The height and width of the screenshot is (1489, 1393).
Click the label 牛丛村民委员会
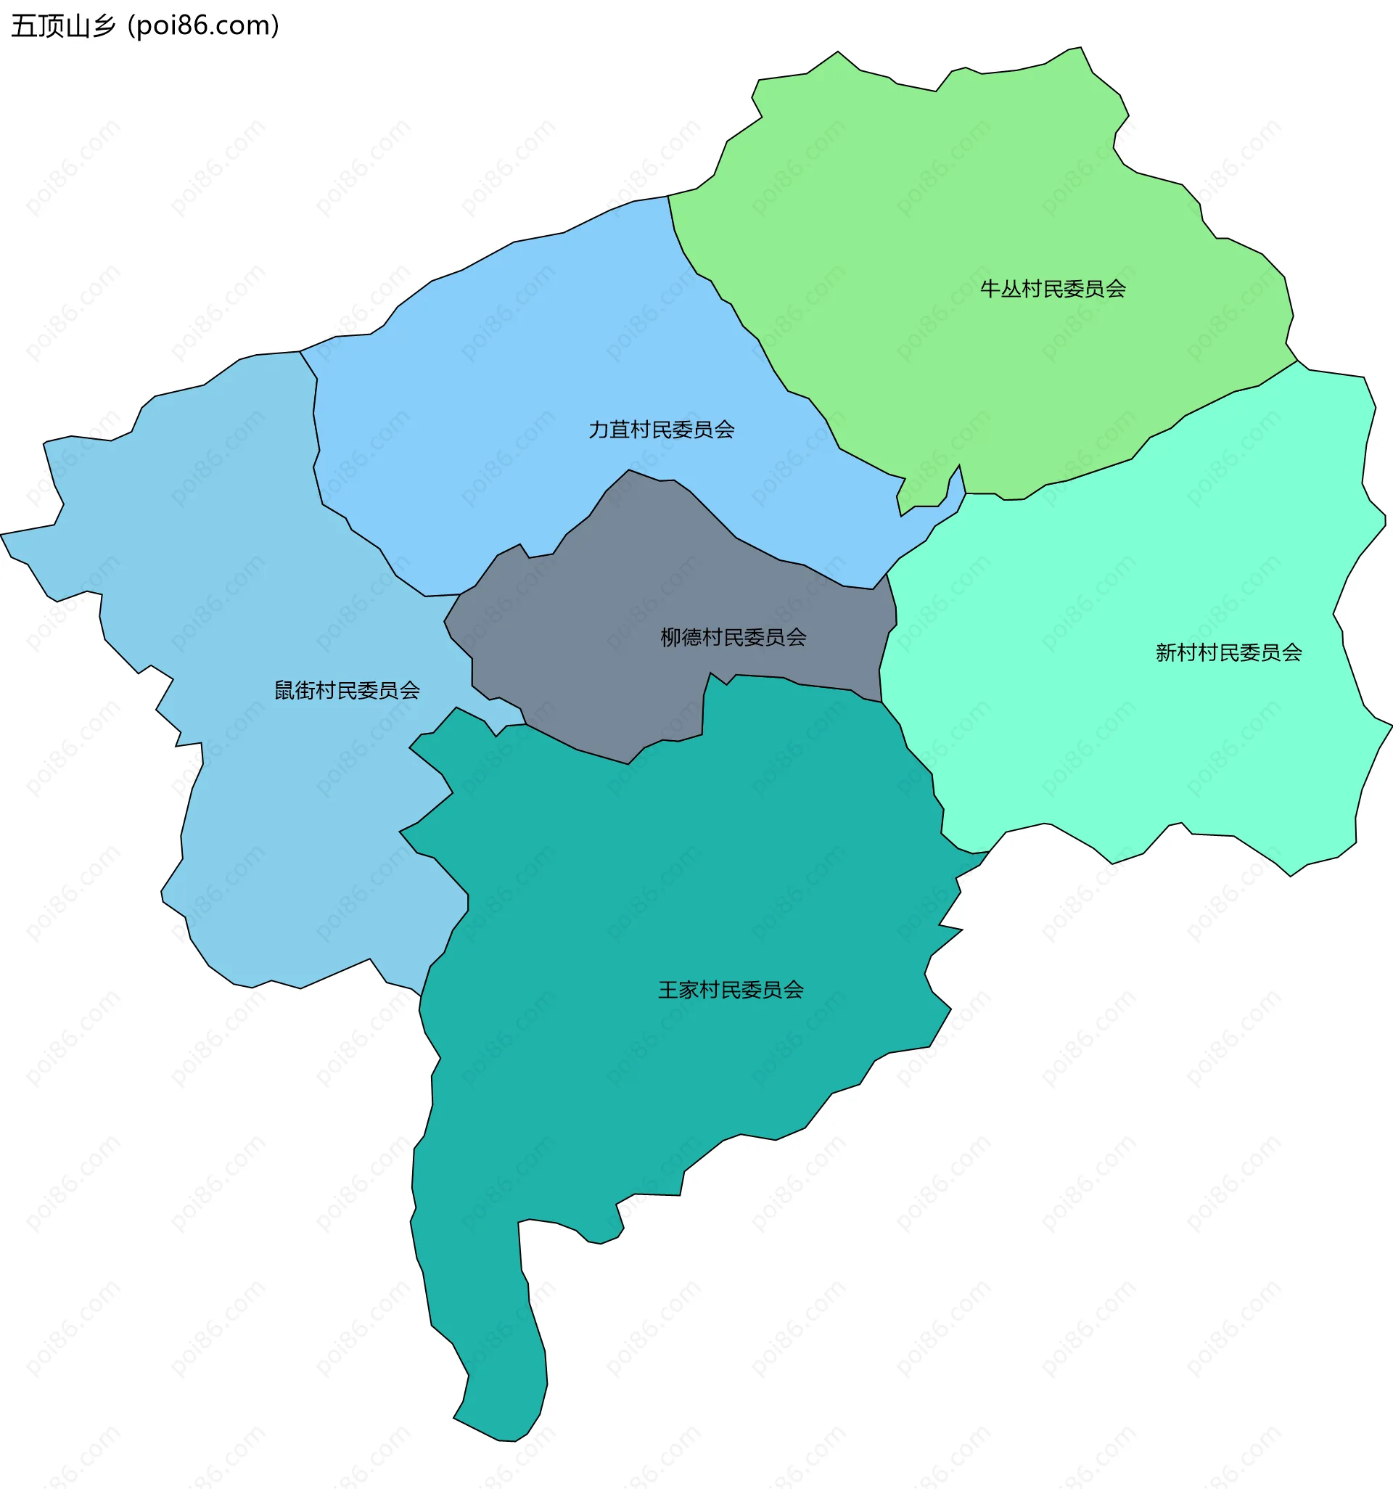[x=1052, y=289]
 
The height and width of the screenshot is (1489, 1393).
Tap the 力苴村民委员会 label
[x=661, y=430]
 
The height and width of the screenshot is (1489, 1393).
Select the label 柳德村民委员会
[x=734, y=637]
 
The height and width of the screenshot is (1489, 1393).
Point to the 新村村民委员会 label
[x=1228, y=652]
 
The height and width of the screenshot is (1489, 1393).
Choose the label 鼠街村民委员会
[x=347, y=691]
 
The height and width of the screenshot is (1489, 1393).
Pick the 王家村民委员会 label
[x=731, y=990]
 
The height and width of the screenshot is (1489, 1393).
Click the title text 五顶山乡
[x=64, y=26]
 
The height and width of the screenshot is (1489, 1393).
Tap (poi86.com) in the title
[x=204, y=26]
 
